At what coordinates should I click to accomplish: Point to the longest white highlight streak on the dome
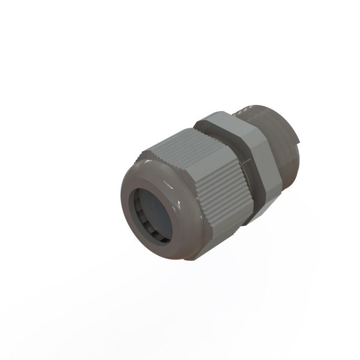pos(168,185)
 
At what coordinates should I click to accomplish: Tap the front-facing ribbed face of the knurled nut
pos(224,192)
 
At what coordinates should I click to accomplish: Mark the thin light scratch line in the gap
pos(245,162)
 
